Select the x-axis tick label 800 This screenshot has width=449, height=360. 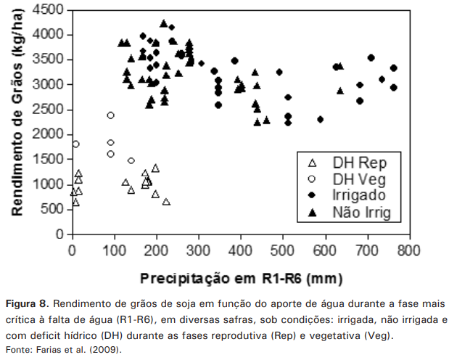tap(410, 250)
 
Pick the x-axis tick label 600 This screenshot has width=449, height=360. tap(325, 250)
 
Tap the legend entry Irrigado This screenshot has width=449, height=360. tap(358, 195)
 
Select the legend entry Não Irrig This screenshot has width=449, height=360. tap(361, 212)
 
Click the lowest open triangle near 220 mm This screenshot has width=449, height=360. tap(166, 202)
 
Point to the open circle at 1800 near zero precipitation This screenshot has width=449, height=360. tap(75, 144)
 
